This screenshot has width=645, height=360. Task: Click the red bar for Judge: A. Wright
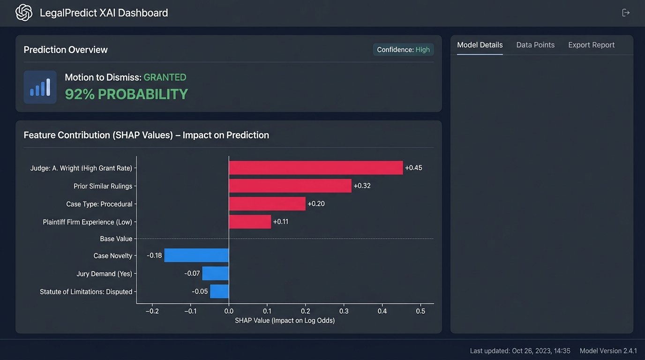click(x=315, y=168)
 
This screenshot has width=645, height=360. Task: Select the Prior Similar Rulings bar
click(x=290, y=186)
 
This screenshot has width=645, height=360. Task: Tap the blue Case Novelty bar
click(x=196, y=255)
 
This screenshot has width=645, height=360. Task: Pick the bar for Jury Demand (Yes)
click(x=215, y=273)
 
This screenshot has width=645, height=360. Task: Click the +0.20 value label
click(x=316, y=204)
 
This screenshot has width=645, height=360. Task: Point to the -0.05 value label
click(x=200, y=292)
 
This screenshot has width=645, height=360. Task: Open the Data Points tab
click(x=535, y=45)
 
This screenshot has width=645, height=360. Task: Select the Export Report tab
click(x=591, y=45)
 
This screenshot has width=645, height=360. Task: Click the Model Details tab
click(x=480, y=45)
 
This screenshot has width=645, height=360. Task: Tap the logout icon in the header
click(x=626, y=13)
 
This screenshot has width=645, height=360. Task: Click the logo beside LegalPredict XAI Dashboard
click(x=24, y=13)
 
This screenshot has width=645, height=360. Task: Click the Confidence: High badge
click(x=403, y=50)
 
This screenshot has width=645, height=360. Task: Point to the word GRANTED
click(x=165, y=77)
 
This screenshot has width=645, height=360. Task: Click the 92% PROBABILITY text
click(x=126, y=94)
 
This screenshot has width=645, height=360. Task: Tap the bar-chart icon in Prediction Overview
click(x=40, y=87)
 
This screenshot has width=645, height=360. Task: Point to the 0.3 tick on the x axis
click(x=344, y=311)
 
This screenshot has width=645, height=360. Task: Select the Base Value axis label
click(x=116, y=239)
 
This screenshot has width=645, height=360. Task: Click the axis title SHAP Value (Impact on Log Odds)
click(x=285, y=321)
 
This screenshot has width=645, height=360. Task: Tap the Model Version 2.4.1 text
click(x=608, y=351)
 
